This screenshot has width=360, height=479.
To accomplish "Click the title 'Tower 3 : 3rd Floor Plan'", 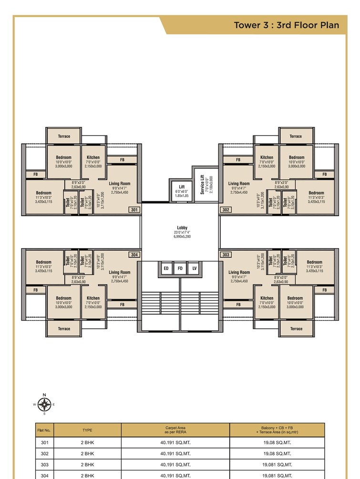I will coord(286,25).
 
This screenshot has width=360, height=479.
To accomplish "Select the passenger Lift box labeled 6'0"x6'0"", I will coord(182,190).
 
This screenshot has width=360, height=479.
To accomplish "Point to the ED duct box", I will coord(166,269).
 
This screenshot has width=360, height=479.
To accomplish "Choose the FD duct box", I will coord(180,269).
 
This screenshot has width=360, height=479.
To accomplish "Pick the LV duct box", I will coord(194,269).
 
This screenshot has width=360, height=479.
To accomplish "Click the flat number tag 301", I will coord(134,209).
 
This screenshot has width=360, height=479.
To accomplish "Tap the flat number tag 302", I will coord(226,209).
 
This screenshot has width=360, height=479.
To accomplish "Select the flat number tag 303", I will coord(226,255).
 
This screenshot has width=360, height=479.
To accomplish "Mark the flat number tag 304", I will coord(134,255).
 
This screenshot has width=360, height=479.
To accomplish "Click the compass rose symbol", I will coord(44,405).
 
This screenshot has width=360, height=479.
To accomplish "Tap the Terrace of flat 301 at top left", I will coord(64,136).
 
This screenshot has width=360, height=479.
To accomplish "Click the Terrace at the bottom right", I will coord(296,328).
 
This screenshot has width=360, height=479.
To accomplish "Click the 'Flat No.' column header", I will coord(44,430).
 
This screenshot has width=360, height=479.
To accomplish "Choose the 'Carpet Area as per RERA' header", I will coord(175,430).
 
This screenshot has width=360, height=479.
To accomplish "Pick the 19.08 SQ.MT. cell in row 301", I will coord(277,442).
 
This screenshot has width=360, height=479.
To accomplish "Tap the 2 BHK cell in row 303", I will coord(87,464).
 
